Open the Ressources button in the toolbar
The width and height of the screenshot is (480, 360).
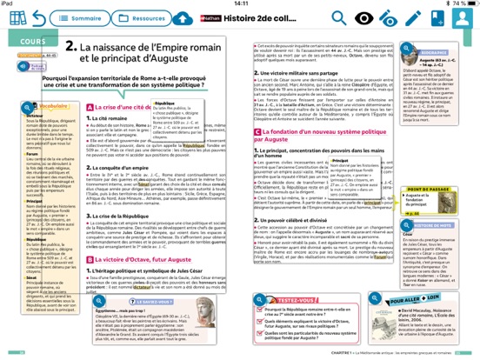tap(143, 18)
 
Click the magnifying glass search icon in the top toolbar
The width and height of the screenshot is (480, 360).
tap(337, 18)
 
